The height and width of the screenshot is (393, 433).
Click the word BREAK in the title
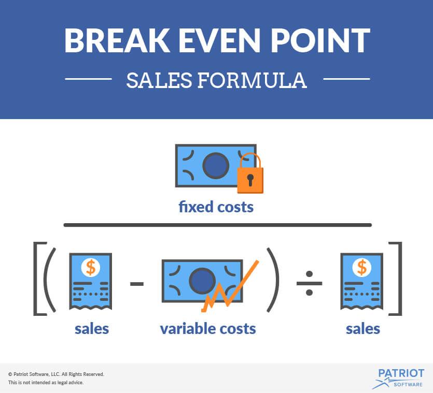pyautogui.click(x=117, y=40)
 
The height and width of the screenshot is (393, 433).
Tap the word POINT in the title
pyautogui.click(x=320, y=40)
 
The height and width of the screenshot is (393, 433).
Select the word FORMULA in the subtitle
pyautogui.click(x=253, y=80)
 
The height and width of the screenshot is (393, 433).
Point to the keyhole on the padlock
pyautogui.click(x=250, y=180)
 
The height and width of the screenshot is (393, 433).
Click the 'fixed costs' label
pyautogui.click(x=216, y=207)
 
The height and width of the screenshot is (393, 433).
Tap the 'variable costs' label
pyautogui.click(x=208, y=329)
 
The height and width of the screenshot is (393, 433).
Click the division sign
pyautogui.click(x=309, y=283)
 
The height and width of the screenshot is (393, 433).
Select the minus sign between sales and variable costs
pyautogui.click(x=137, y=284)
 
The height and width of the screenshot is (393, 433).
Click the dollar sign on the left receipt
pyautogui.click(x=91, y=267)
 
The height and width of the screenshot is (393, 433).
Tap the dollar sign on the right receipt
pyautogui.click(x=362, y=267)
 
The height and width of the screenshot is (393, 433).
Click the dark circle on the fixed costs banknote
pyautogui.click(x=216, y=166)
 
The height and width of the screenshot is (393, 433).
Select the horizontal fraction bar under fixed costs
pyautogui.click(x=218, y=225)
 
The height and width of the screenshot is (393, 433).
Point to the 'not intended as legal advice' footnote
pyautogui.click(x=46, y=383)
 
